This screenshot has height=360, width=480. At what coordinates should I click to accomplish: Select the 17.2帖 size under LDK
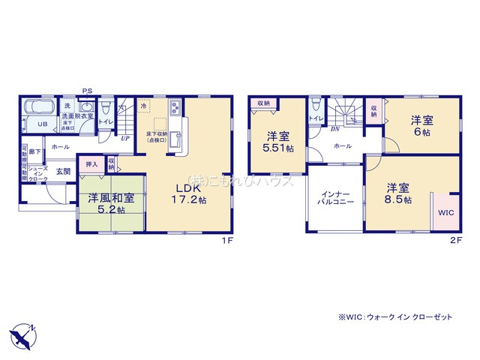click(188, 200)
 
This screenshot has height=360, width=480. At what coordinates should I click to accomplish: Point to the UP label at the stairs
click(125, 138)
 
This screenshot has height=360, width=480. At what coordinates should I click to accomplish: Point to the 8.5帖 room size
click(397, 200)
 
